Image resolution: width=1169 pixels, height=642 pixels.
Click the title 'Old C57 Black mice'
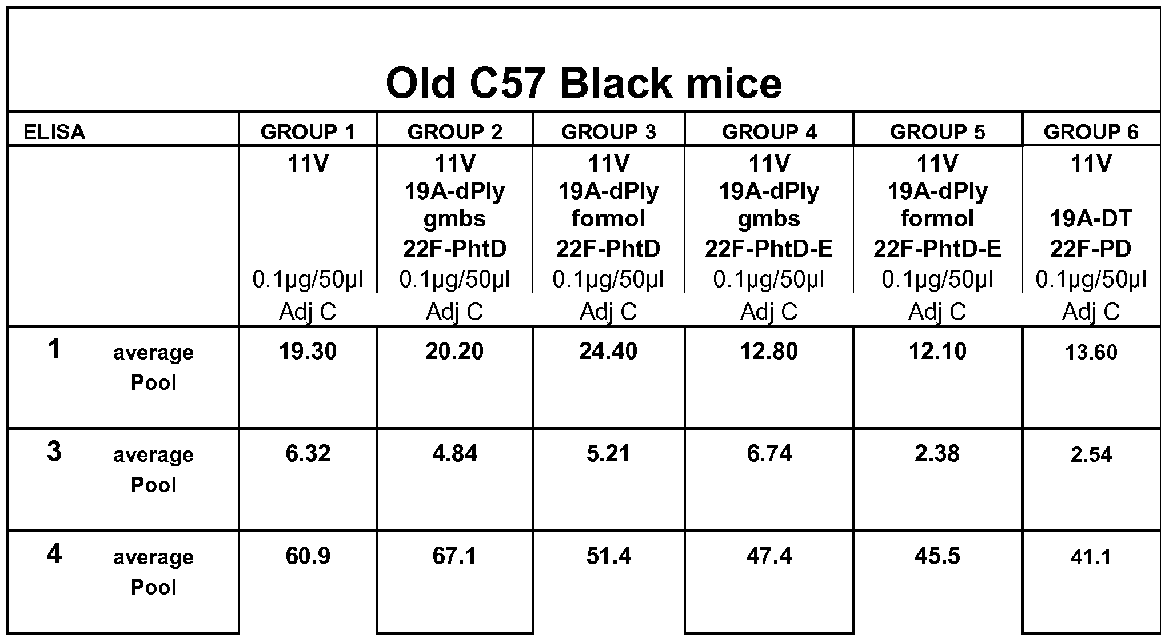click(584, 83)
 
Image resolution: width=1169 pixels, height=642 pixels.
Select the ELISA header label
click(54, 133)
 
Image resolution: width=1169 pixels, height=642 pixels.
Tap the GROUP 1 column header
click(308, 133)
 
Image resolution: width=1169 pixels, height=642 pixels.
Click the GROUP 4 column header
click(769, 133)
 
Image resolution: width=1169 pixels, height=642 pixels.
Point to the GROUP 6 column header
click(1091, 133)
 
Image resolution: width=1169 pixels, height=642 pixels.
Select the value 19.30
click(308, 352)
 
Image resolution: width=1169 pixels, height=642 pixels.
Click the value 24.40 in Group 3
click(608, 352)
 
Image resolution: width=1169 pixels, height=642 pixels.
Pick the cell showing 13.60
click(1091, 353)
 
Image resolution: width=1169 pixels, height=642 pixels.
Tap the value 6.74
click(769, 454)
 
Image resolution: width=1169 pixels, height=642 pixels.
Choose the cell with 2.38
click(937, 454)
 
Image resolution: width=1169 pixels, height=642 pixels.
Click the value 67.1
click(454, 556)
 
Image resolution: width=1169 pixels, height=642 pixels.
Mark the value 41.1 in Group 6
click(1091, 557)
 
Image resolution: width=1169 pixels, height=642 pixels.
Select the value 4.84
click(454, 454)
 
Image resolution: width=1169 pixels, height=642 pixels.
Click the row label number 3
click(54, 452)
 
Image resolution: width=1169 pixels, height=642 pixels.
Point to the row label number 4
click(54, 554)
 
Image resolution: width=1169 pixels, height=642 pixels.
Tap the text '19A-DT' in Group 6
click(1091, 219)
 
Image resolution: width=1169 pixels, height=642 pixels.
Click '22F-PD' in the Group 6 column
click(1091, 249)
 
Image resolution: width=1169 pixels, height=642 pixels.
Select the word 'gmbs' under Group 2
click(454, 219)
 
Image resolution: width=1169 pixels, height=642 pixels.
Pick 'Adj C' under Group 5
click(937, 312)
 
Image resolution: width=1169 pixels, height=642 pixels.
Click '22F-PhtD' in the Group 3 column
click(608, 249)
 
